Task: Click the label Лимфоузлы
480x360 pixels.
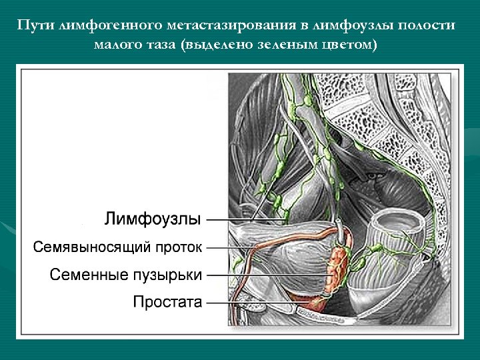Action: (x=153, y=219)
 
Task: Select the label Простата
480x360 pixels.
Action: (x=167, y=302)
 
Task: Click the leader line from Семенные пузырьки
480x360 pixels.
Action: (x=267, y=274)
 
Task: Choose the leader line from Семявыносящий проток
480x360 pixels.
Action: (x=227, y=247)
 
